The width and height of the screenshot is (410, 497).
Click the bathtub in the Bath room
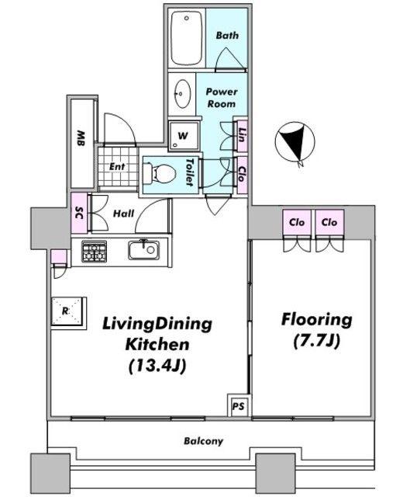click(x=187, y=38)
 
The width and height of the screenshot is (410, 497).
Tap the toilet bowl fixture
click(x=159, y=174)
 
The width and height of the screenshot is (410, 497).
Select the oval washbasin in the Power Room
click(x=183, y=93)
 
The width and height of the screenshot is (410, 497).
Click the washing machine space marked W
click(x=184, y=136)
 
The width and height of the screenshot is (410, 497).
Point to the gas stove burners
click(x=94, y=252)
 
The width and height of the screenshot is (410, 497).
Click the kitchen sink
click(x=144, y=250)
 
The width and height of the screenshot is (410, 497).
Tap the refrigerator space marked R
click(x=69, y=311)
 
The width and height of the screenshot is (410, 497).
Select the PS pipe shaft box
click(x=238, y=405)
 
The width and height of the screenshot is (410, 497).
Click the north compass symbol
click(x=295, y=142)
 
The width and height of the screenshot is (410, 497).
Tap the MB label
click(x=81, y=138)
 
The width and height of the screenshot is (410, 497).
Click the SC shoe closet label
click(x=79, y=213)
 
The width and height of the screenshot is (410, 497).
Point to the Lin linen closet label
click(x=242, y=135)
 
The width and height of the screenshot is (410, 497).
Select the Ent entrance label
click(x=117, y=166)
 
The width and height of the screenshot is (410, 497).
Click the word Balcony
click(x=203, y=441)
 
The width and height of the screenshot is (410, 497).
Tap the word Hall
click(x=123, y=214)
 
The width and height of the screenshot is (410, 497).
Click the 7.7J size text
click(x=316, y=341)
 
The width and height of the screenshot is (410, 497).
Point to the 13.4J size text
click(x=157, y=366)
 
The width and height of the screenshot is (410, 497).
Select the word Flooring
click(x=317, y=319)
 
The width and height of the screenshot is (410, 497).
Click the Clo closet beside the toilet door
click(x=242, y=175)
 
